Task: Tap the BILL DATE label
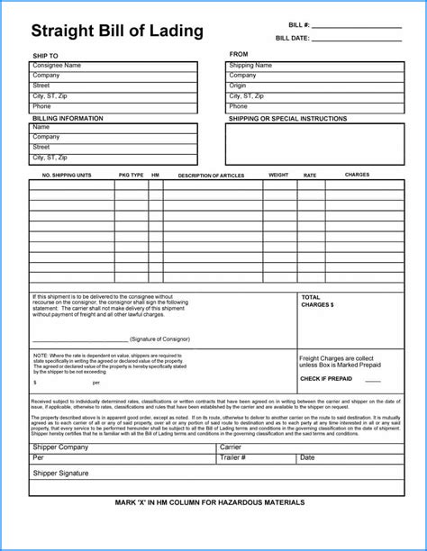point(293,39)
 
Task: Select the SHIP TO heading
point(45,57)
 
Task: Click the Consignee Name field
point(114,66)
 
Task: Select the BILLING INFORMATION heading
point(67,118)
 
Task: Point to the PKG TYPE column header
point(132,175)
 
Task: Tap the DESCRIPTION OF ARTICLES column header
point(213,175)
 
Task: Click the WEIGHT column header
point(278,175)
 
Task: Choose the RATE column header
point(310,175)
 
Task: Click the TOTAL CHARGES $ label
point(317,301)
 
